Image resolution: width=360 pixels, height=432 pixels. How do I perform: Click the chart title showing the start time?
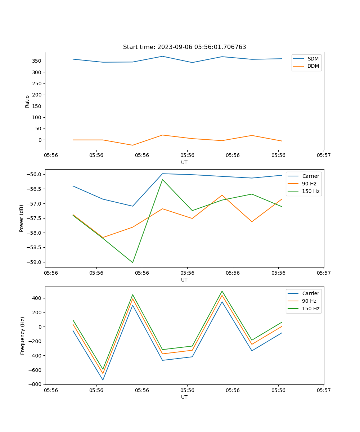coord(184,47)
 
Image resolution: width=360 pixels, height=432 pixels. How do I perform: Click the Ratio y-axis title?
coord(27,101)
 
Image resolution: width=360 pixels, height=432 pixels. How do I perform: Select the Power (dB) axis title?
coord(22,218)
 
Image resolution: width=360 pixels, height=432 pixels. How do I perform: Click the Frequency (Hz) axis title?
coord(23,336)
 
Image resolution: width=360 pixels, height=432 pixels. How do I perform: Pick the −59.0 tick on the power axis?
coord(36,262)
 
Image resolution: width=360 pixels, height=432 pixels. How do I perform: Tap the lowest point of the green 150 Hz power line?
coord(132,262)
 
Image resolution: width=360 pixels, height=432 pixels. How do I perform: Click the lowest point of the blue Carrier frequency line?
coord(103,380)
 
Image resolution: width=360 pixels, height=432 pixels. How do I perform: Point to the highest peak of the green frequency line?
coord(222,291)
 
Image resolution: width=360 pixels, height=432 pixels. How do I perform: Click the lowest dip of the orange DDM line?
coord(132,145)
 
